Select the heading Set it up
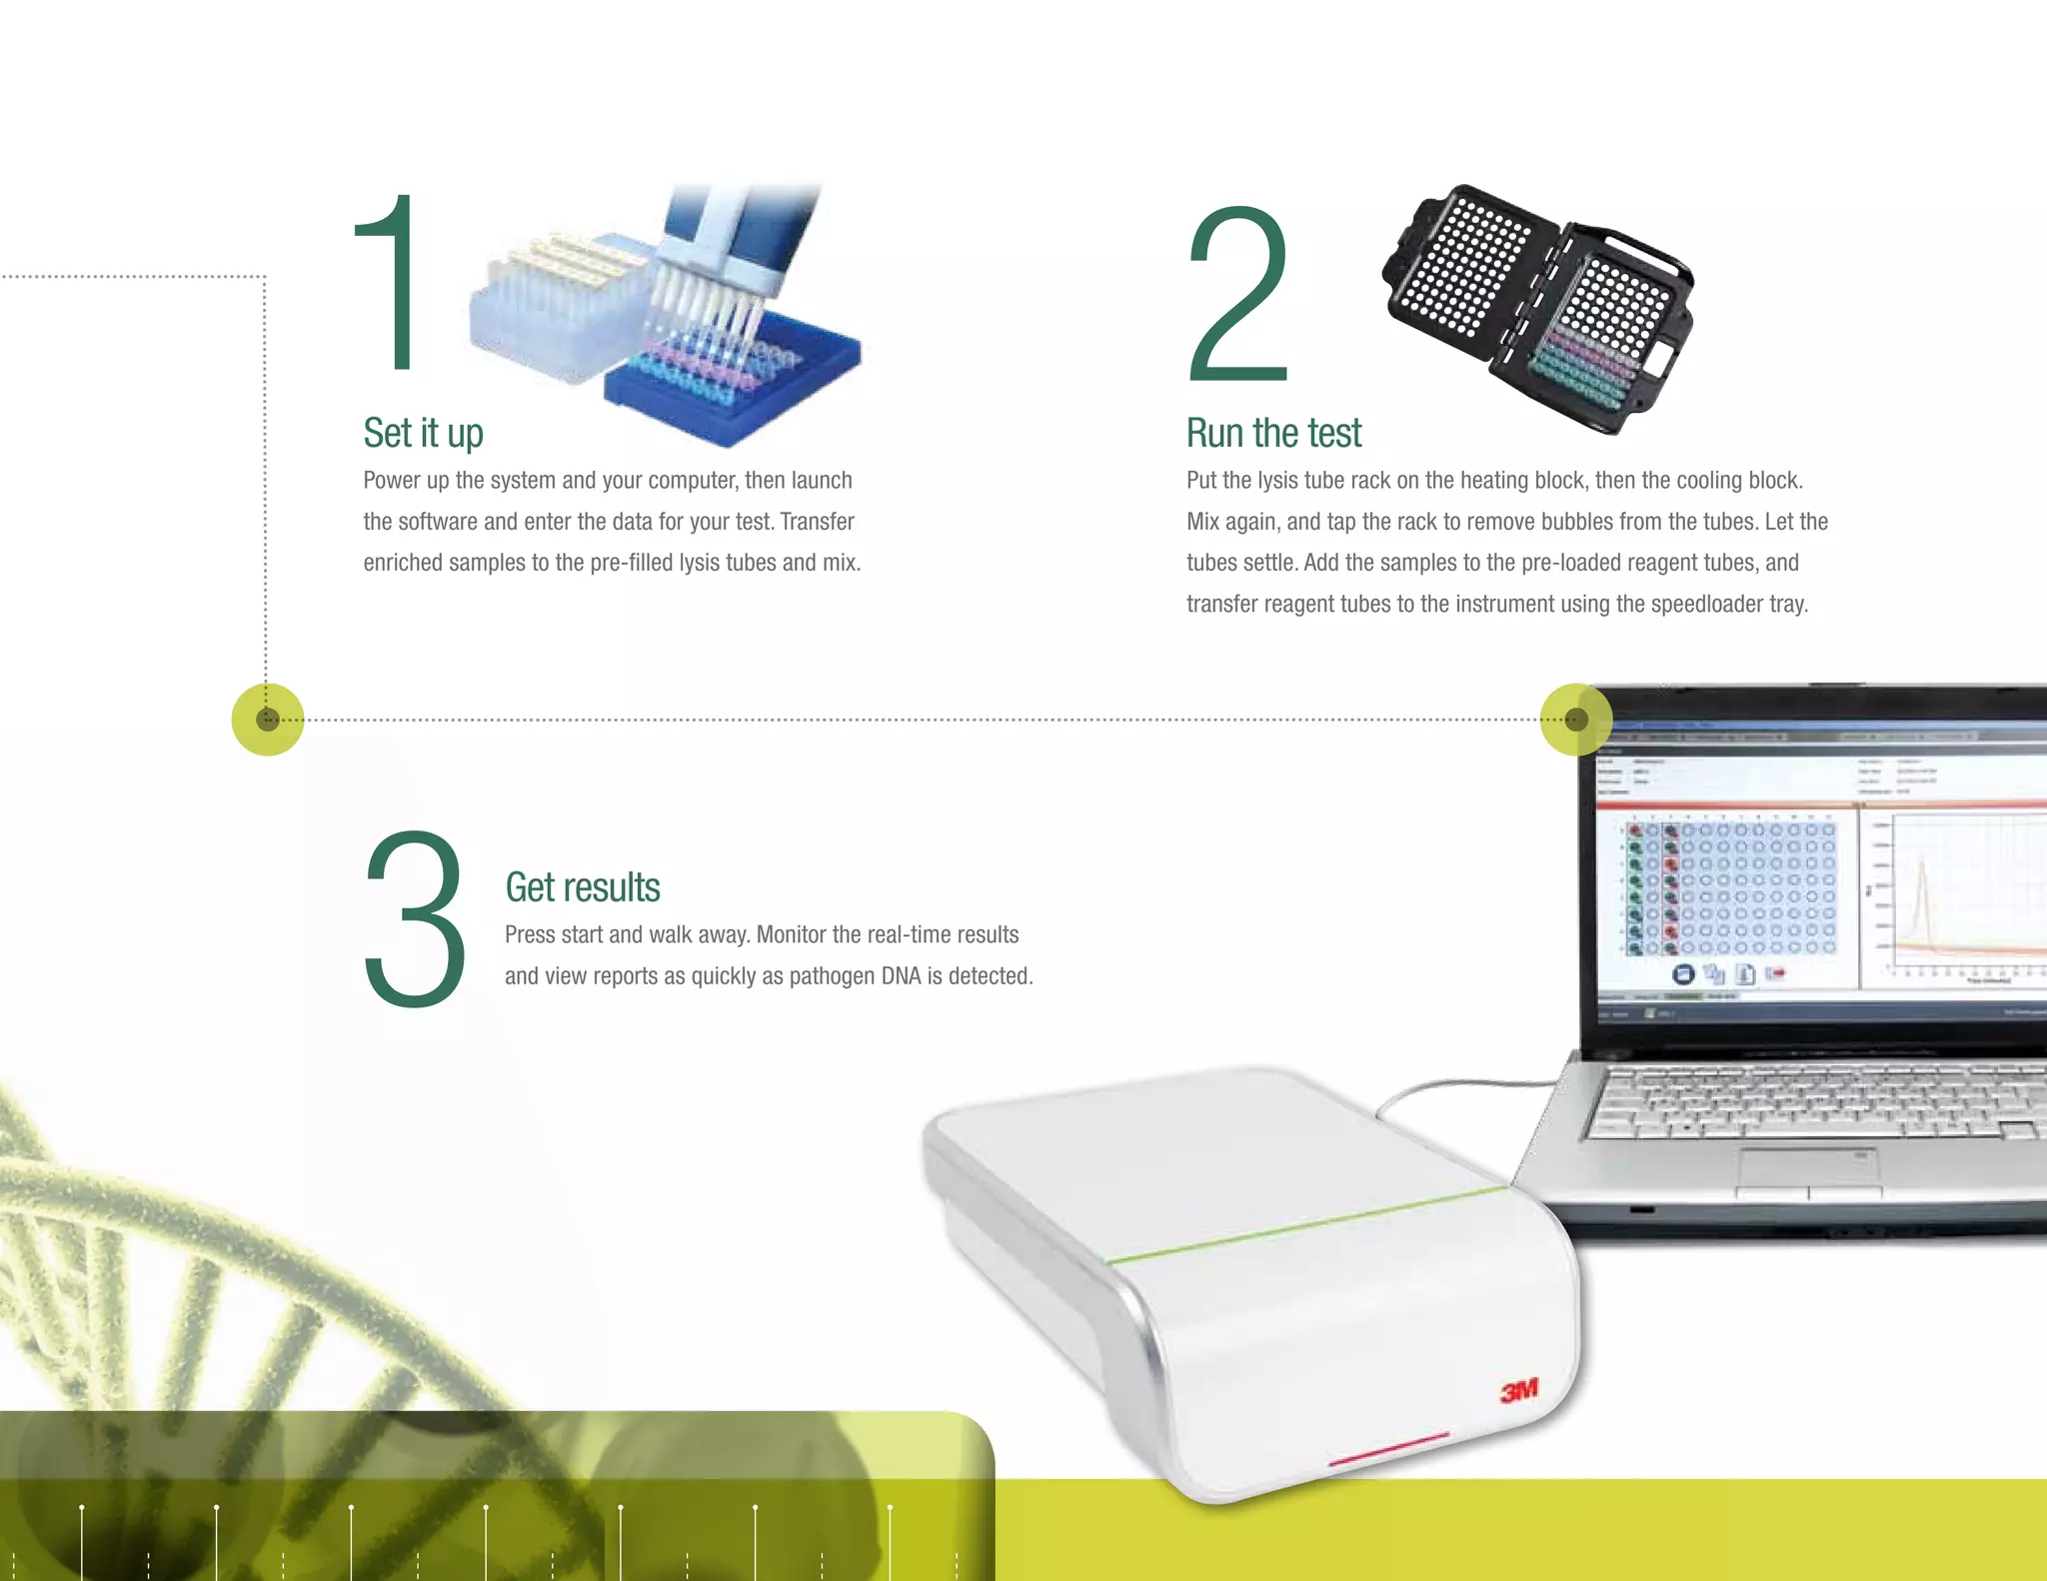pyautogui.click(x=423, y=434)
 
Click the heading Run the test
pyautogui.click(x=1273, y=434)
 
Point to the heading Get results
pyautogui.click(x=582, y=887)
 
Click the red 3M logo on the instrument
pyautogui.click(x=1518, y=1390)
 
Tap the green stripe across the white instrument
pyautogui.click(x=1309, y=1224)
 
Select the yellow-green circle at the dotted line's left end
pyautogui.click(x=267, y=720)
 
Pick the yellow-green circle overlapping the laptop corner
pyautogui.click(x=1575, y=720)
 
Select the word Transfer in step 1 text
pyautogui.click(x=817, y=522)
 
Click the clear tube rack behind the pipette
pyautogui.click(x=550, y=310)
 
